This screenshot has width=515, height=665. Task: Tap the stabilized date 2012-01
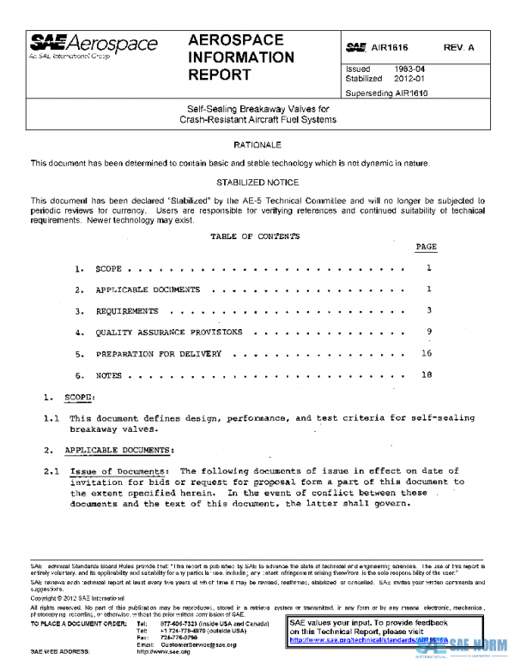tap(408, 78)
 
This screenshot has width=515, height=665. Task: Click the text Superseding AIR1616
tap(386, 93)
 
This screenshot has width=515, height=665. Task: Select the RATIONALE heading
tap(257, 146)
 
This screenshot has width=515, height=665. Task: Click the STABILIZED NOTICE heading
tap(257, 183)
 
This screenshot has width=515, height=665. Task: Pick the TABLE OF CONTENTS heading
tap(255, 236)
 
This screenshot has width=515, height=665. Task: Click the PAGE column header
tap(426, 247)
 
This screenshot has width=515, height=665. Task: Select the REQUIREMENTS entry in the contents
tap(127, 311)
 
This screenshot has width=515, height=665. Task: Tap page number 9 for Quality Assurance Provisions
tap(427, 332)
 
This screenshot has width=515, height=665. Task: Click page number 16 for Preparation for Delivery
tap(427, 353)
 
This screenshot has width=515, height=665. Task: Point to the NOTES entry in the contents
tap(109, 374)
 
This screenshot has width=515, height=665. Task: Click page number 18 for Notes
tap(427, 374)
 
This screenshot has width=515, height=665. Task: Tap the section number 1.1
tap(51, 418)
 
